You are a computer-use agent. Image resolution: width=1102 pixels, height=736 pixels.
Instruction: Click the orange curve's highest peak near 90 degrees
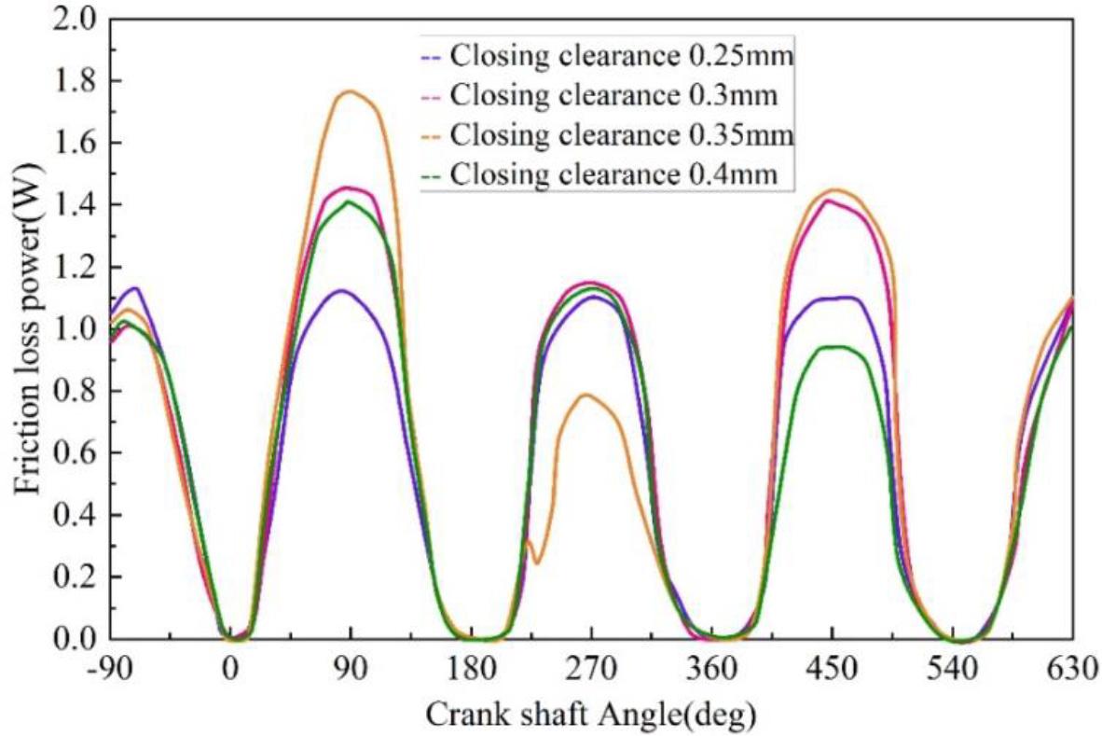[350, 91]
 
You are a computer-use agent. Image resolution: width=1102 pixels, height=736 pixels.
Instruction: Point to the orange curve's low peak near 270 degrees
[585, 395]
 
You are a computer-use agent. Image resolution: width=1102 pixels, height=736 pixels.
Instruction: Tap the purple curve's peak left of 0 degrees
[135, 288]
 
